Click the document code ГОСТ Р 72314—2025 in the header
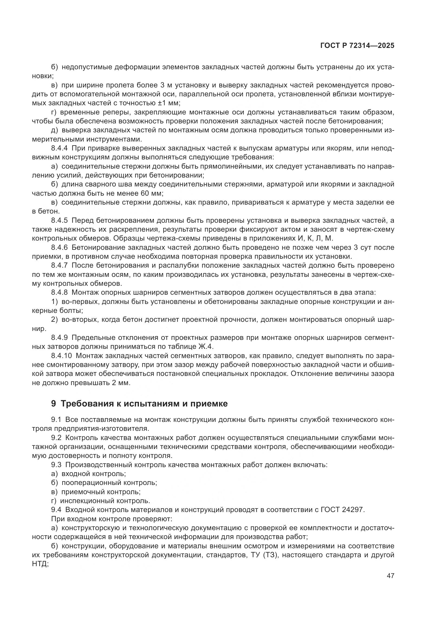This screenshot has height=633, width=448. pyautogui.click(x=357, y=46)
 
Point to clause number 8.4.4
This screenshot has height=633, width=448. pyautogui.click(x=59, y=148)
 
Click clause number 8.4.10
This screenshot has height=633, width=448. pyautogui.click(x=61, y=356)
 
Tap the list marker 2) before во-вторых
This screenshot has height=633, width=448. pyautogui.click(x=54, y=320)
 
